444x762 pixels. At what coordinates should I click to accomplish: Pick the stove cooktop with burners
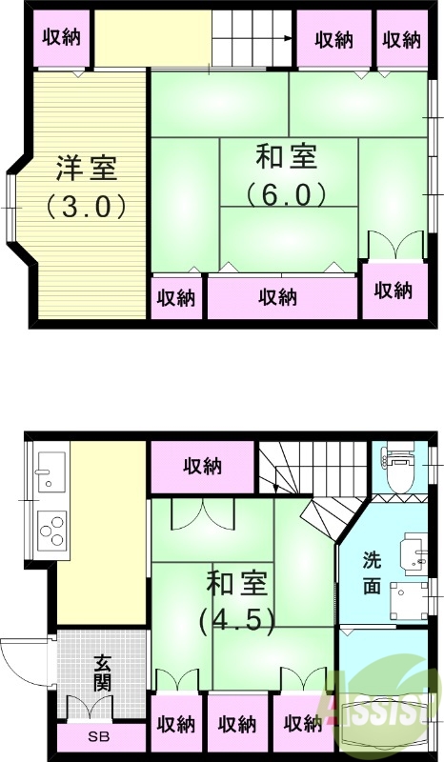click(x=51, y=530)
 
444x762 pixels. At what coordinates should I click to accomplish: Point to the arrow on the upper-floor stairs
click(x=285, y=39)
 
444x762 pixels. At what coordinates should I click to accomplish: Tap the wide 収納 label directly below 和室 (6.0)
click(x=277, y=297)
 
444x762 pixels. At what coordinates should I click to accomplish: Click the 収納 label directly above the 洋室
click(x=62, y=38)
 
